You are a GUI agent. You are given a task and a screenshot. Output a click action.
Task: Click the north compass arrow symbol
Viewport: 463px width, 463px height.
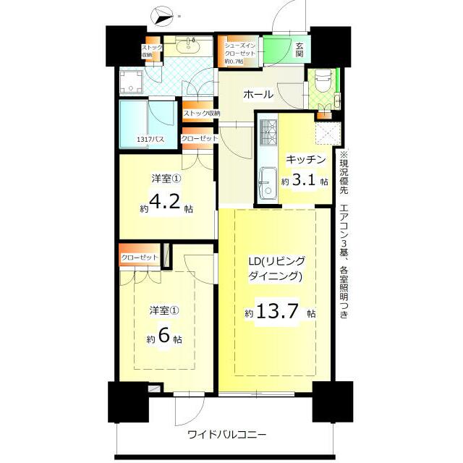coord(162,17)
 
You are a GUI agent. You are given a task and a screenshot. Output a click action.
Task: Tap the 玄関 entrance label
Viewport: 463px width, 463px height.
coord(299,50)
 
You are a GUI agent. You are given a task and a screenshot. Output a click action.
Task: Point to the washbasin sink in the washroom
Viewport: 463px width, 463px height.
coord(187,45)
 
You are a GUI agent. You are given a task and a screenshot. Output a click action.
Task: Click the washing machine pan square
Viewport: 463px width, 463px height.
coord(131,82)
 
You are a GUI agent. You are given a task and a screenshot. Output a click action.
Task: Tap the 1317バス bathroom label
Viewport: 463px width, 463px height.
coord(150,140)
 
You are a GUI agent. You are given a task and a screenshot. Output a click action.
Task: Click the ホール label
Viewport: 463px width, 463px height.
coord(258,95)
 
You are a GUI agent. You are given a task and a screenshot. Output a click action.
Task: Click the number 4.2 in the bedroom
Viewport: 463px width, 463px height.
coord(164,202)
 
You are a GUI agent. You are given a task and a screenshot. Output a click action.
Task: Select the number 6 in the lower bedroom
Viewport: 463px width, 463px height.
coord(164,336)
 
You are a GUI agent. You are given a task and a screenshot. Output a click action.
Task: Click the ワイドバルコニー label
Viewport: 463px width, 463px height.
coord(227,435)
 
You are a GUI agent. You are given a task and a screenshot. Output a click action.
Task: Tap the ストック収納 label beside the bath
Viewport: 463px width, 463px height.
coord(202,113)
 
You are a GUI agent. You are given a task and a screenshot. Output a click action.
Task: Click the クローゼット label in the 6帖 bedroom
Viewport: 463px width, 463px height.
coord(140,258)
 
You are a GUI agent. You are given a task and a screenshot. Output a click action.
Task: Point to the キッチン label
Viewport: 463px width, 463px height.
coord(305,160)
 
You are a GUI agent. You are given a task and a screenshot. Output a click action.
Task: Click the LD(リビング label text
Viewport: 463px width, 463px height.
coord(277,261)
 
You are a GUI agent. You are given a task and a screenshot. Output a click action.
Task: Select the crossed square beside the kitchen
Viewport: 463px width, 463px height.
coord(328,133)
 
